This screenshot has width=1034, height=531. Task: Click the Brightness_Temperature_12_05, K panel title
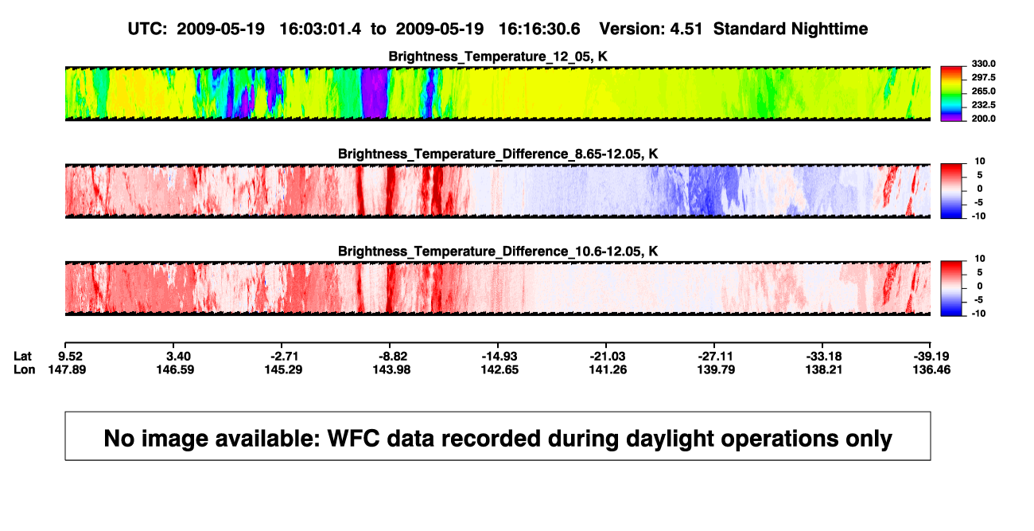[498, 57]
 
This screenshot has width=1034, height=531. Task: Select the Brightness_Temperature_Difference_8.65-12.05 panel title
[498, 154]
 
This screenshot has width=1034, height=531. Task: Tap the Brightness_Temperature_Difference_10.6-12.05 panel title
[498, 252]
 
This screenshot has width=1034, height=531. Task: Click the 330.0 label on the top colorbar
[983, 64]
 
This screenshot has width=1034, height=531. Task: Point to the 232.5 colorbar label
[983, 105]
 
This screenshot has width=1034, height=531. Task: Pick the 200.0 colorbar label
[983, 119]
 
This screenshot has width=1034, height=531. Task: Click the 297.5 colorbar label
[983, 78]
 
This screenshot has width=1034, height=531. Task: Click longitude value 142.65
[500, 369]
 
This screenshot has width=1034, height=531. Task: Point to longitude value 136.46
[931, 369]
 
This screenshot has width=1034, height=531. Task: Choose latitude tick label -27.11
[716, 357]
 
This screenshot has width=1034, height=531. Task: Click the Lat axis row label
[22, 357]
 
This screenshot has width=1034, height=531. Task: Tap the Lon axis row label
[24, 369]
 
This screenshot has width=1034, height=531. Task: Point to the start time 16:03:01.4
[320, 29]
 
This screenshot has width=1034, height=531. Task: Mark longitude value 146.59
[175, 369]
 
